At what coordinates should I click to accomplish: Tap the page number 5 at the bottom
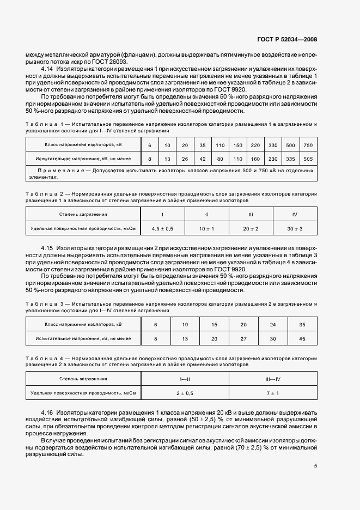pyautogui.click(x=315, y=466)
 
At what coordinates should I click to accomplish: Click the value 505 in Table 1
pyautogui.click(x=308, y=159)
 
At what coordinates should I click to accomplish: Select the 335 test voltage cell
pyautogui.click(x=290, y=159)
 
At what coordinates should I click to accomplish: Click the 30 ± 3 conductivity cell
pyautogui.click(x=294, y=228)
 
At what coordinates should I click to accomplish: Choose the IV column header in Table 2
pyautogui.click(x=294, y=214)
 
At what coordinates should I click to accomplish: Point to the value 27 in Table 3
pyautogui.click(x=243, y=338)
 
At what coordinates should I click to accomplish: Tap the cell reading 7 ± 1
pyautogui.click(x=272, y=392)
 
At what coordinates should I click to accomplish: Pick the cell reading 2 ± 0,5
pyautogui.click(x=185, y=392)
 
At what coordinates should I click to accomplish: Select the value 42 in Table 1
pyautogui.click(x=202, y=159)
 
